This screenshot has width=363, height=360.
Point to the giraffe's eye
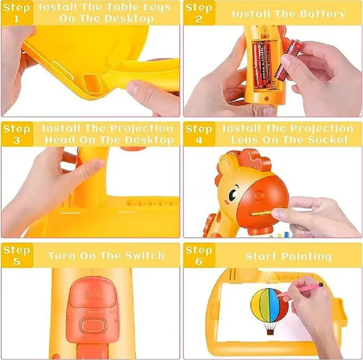coord(232,195)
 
